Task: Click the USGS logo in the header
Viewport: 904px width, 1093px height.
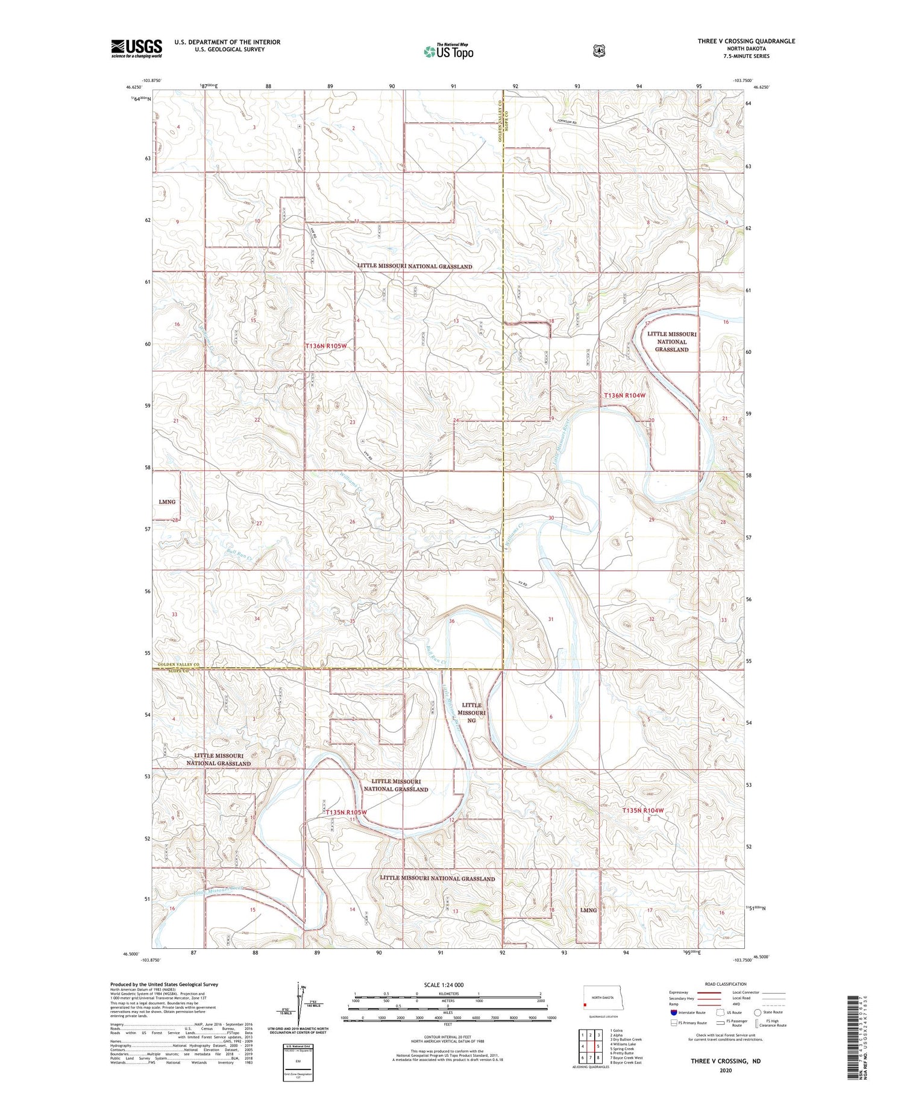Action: click(136, 48)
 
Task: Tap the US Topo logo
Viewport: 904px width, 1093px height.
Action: click(448, 51)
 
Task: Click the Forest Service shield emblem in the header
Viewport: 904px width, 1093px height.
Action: click(598, 51)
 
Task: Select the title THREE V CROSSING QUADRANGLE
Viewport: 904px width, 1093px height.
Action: click(746, 41)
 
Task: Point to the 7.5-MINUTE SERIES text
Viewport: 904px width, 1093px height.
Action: click(746, 56)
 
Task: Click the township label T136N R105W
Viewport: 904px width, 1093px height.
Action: click(326, 346)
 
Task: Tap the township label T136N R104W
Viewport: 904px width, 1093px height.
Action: click(624, 395)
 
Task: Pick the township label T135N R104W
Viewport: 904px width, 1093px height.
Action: click(642, 810)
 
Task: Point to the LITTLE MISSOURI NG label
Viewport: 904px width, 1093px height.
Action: click(471, 712)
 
